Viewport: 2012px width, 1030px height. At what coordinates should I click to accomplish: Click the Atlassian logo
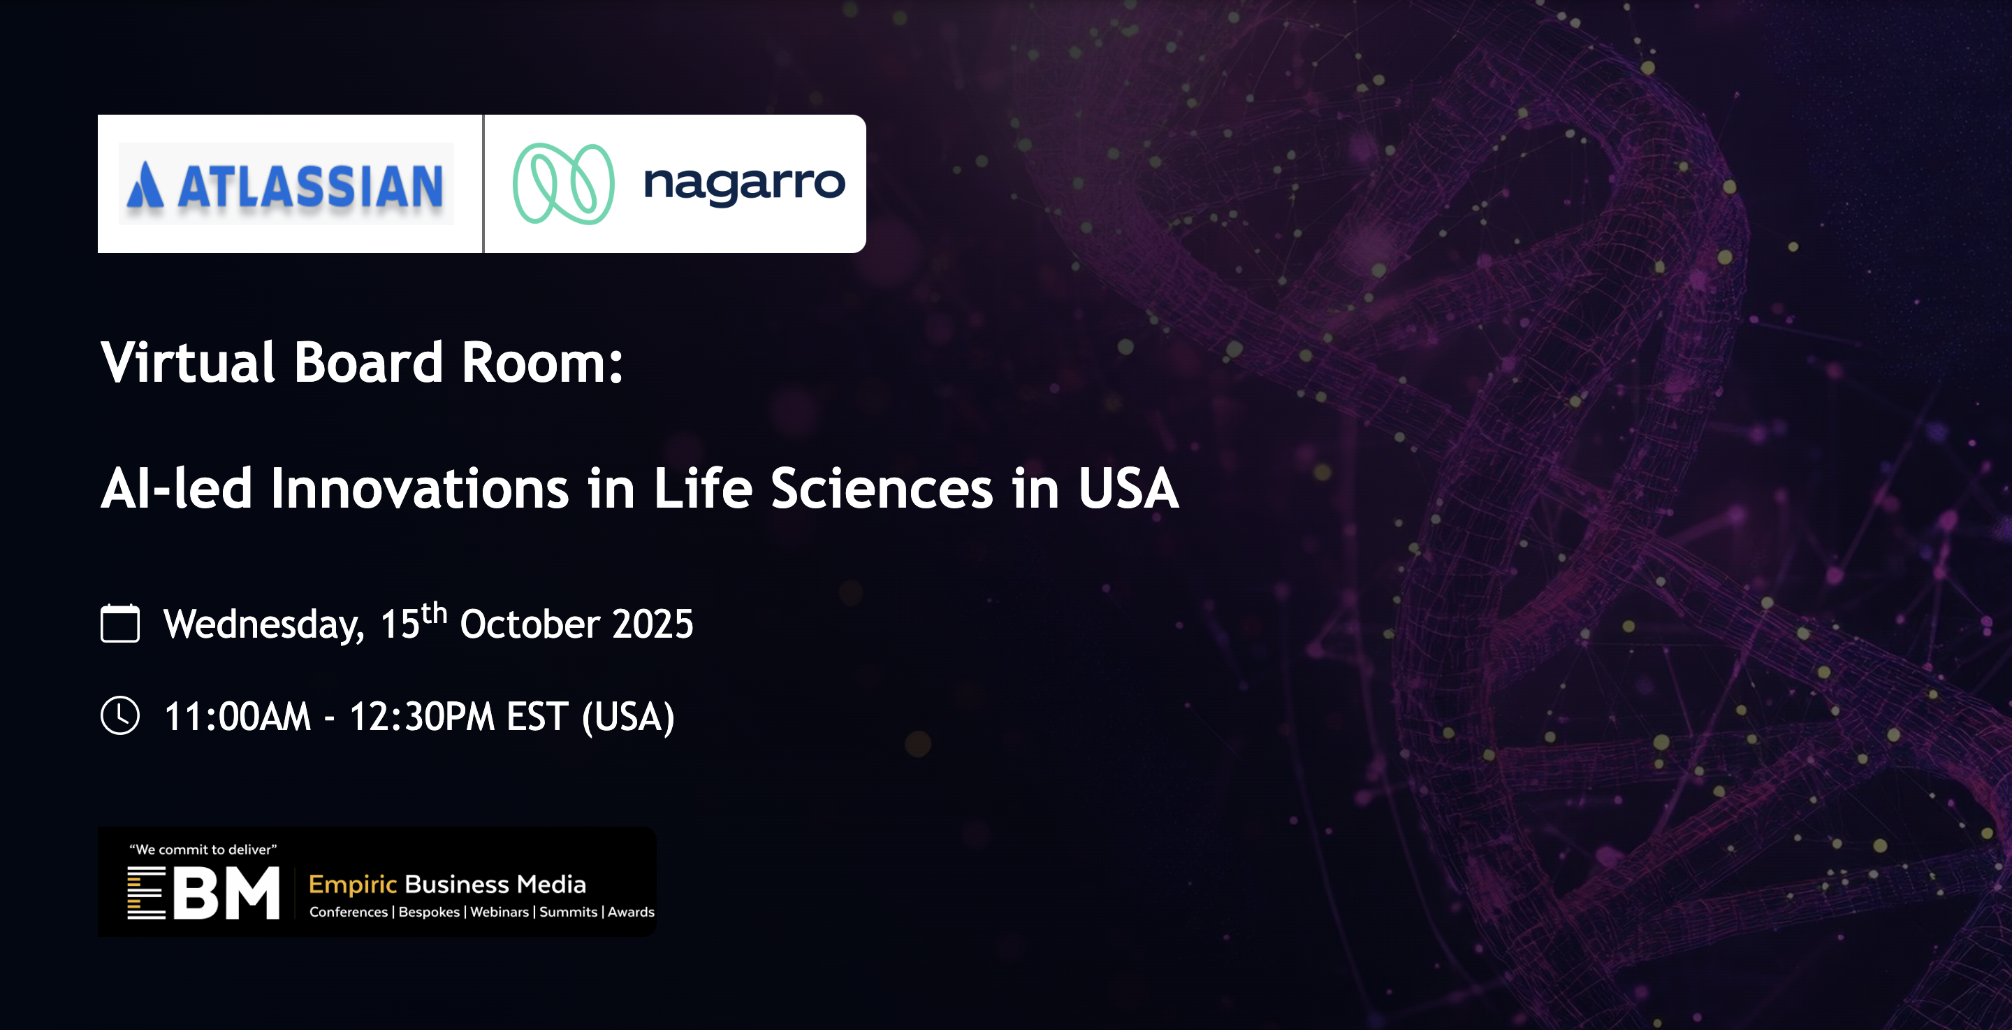click(286, 185)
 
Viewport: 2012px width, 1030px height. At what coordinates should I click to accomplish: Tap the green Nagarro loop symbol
click(563, 184)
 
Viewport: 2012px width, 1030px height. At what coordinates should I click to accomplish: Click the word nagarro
click(744, 185)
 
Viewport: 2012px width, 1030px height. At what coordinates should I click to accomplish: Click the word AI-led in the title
click(177, 489)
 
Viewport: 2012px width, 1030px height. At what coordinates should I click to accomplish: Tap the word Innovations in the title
click(420, 489)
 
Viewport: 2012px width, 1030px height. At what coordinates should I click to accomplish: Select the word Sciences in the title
click(882, 489)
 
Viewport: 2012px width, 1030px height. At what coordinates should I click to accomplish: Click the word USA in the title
click(1129, 489)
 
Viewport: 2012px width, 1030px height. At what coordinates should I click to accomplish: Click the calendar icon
click(120, 623)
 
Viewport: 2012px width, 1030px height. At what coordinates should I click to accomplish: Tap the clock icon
click(120, 715)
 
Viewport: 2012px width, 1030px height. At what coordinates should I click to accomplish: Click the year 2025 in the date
click(653, 624)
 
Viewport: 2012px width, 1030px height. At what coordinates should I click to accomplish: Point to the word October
click(530, 624)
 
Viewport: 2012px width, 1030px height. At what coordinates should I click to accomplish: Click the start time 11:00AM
click(238, 717)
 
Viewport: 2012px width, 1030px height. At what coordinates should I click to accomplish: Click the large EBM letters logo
click(204, 892)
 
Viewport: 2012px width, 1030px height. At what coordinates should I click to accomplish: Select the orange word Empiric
click(353, 885)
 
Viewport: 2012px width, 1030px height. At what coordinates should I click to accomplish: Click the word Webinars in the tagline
click(499, 912)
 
